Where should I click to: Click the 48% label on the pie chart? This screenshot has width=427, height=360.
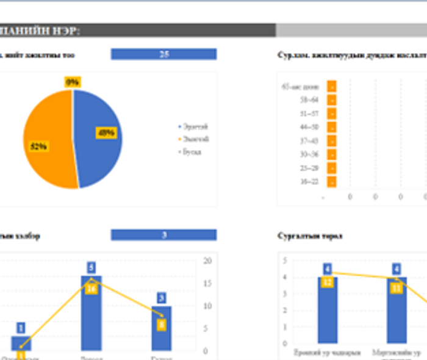click(106, 132)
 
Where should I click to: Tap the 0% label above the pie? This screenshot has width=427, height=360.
click(73, 82)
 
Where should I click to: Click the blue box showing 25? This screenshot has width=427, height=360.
click(163, 54)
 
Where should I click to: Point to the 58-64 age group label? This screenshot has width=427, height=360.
click(309, 100)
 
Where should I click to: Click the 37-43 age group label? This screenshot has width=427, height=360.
click(309, 141)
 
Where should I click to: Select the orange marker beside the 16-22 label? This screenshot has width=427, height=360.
click(332, 182)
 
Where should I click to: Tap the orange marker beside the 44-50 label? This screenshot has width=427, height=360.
click(332, 127)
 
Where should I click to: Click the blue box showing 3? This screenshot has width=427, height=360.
click(163, 235)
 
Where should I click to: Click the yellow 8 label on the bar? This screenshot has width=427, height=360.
click(162, 324)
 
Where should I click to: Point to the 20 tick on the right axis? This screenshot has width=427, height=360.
click(207, 261)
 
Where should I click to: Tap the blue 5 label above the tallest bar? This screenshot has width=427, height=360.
click(91, 267)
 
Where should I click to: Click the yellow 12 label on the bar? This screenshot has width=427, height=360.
click(328, 281)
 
